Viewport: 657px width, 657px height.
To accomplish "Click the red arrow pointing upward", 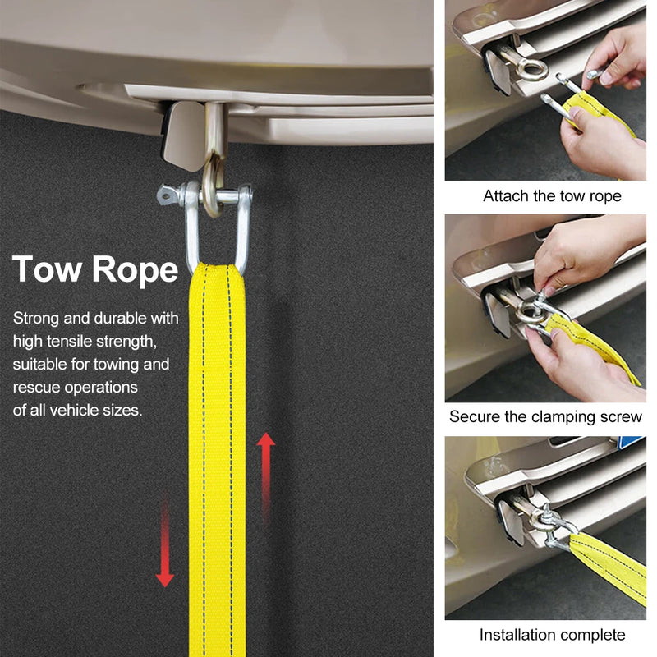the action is coord(265,478).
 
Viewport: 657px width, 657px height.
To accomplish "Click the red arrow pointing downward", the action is coord(165,540).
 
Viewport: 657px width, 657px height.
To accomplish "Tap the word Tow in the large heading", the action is coord(47,269).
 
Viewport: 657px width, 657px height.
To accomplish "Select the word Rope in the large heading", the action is coord(135,272).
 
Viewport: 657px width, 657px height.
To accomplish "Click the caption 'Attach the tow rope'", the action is coord(552,196).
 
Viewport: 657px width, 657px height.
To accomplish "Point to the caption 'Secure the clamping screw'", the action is coord(545,416).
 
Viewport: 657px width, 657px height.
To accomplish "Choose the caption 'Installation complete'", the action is coord(552,635).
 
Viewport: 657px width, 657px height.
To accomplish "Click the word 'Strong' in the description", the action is coord(36,319).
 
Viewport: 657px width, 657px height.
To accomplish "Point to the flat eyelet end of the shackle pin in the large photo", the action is coord(168,195).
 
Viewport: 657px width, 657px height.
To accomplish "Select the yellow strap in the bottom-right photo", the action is coord(609,566).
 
